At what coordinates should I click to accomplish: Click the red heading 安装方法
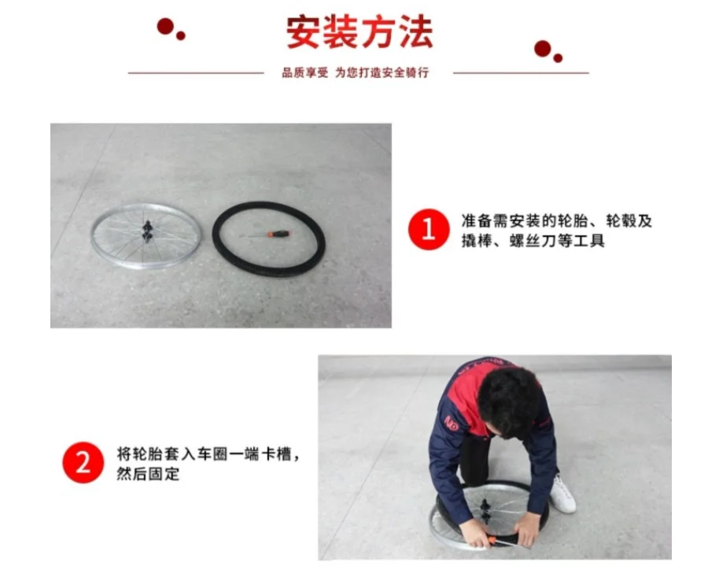pyautogui.click(x=360, y=31)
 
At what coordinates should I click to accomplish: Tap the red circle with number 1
pyautogui.click(x=429, y=229)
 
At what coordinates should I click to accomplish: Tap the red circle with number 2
pyautogui.click(x=83, y=462)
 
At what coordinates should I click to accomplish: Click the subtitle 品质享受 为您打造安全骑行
pyautogui.click(x=356, y=72)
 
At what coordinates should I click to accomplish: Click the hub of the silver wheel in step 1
pyautogui.click(x=147, y=231)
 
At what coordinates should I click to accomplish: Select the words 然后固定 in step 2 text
pyautogui.click(x=148, y=474)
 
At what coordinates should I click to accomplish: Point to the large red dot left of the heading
pyautogui.click(x=165, y=26)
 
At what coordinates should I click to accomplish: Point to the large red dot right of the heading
pyautogui.click(x=542, y=49)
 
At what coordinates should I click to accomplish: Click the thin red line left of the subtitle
pyautogui.click(x=196, y=72)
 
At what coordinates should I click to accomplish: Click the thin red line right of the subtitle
pyautogui.click(x=521, y=72)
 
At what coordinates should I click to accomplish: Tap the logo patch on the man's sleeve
pyautogui.click(x=452, y=423)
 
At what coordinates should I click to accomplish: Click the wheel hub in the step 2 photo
pyautogui.click(x=485, y=511)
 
